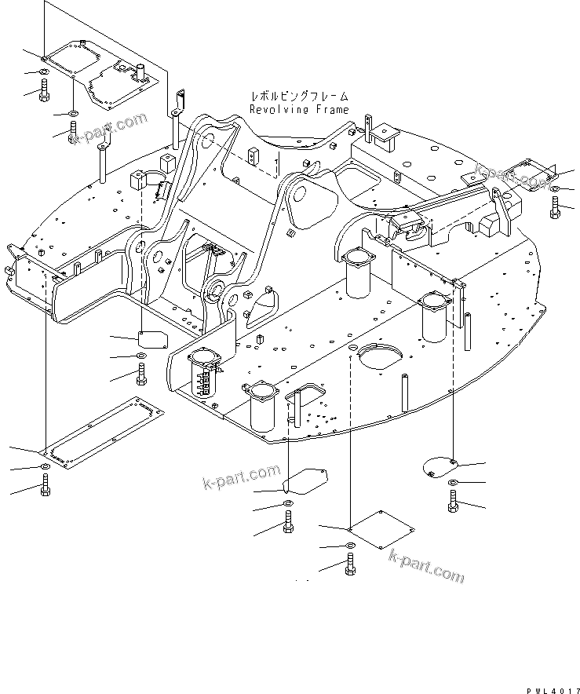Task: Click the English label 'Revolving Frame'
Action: tap(299, 110)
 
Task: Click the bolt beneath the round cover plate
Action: tap(453, 501)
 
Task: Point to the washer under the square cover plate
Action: tap(349, 546)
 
